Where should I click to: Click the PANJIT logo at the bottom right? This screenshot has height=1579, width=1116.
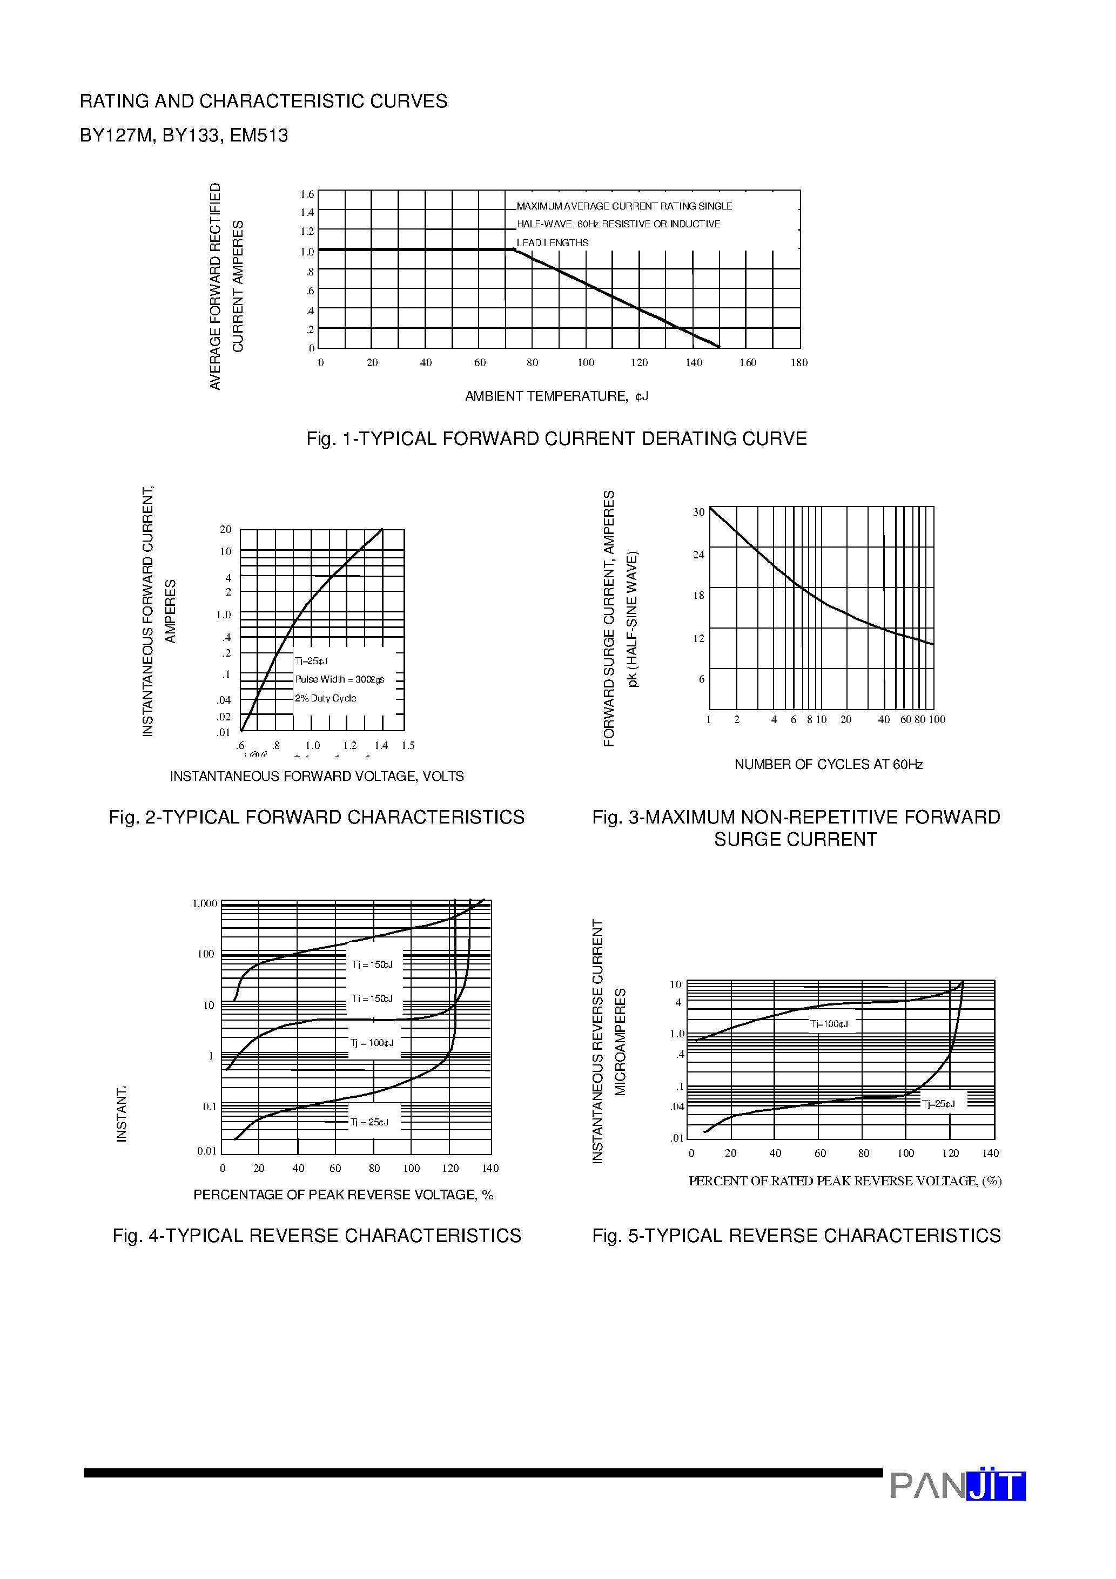[957, 1486]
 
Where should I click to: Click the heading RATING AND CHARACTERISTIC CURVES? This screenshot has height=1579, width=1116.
[264, 101]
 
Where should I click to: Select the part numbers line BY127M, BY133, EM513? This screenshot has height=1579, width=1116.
[184, 136]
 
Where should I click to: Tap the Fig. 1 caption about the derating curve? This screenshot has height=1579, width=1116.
[556, 439]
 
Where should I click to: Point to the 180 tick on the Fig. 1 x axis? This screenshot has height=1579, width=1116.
[799, 362]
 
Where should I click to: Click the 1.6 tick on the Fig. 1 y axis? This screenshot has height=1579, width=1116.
[307, 194]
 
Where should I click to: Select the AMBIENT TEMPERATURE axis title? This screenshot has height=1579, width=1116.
[556, 396]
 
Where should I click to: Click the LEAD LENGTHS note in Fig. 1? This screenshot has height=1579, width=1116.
[553, 243]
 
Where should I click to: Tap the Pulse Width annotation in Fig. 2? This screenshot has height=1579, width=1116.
[339, 679]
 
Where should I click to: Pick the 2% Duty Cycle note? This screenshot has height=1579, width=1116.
[325, 698]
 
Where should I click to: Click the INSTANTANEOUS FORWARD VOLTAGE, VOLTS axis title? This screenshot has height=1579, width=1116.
[317, 777]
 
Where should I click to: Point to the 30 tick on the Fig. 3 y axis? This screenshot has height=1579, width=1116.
[698, 512]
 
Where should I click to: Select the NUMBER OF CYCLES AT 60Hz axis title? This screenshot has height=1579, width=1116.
[829, 765]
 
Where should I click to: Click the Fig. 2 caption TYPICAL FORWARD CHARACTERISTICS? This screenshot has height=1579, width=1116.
[317, 817]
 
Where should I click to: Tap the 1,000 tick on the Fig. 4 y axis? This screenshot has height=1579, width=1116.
[204, 903]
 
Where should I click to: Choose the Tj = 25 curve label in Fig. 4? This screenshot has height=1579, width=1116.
[369, 1122]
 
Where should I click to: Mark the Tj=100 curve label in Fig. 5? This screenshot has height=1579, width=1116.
[829, 1024]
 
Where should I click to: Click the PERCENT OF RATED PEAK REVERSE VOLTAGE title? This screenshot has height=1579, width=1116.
[845, 1181]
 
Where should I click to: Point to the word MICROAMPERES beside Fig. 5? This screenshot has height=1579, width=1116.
[620, 1041]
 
